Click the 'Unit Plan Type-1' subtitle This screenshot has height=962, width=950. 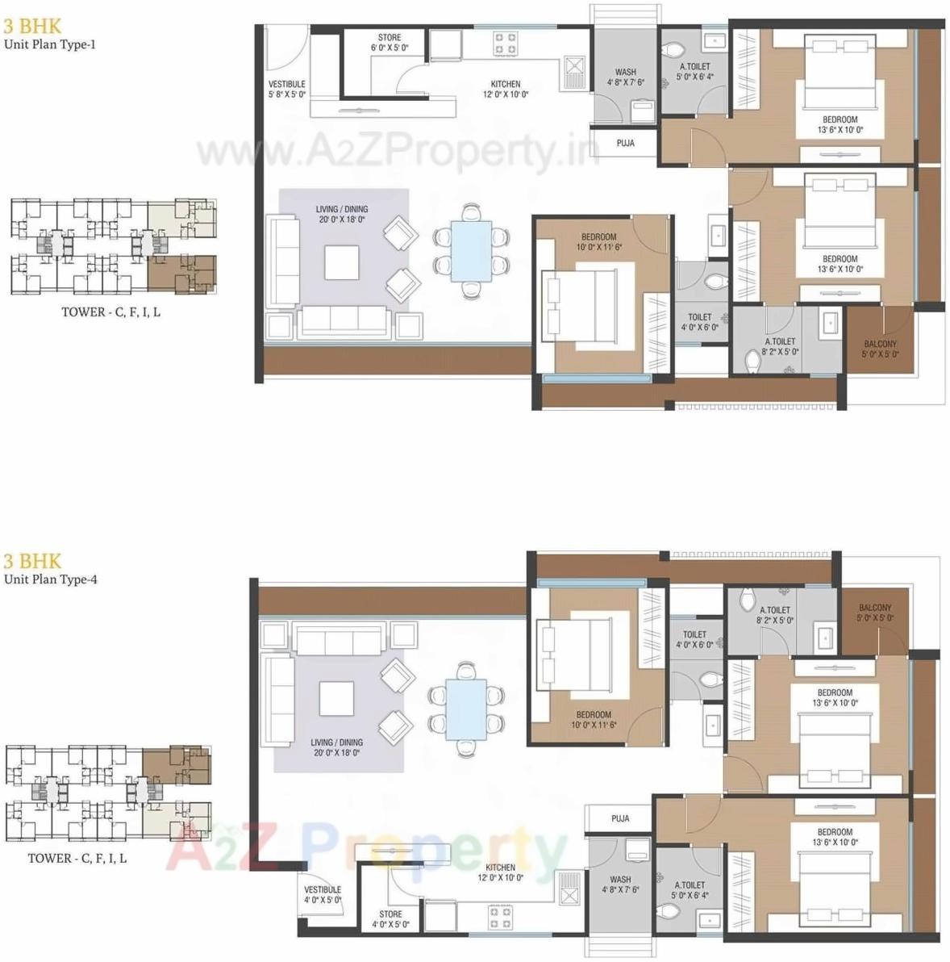[50, 44]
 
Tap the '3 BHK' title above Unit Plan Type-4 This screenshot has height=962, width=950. [32, 561]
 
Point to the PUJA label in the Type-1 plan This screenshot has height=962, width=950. [625, 143]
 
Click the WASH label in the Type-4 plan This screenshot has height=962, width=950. [620, 885]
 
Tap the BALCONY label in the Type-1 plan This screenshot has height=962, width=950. [880, 349]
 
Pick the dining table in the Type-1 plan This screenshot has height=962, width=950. [470, 250]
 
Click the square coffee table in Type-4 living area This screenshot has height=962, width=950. [336, 699]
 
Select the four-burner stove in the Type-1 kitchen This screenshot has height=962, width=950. [506, 43]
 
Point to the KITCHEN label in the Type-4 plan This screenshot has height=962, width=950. [501, 872]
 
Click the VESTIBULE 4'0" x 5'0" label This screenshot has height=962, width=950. [323, 894]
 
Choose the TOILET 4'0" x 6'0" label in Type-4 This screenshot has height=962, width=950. [694, 639]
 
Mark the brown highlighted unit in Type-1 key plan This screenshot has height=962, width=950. [182, 274]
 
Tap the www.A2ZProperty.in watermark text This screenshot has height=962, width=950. [397, 151]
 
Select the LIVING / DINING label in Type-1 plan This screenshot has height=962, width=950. [341, 214]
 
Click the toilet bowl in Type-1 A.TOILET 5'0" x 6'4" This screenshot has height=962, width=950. [670, 50]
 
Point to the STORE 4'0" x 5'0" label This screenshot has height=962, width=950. [390, 919]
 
